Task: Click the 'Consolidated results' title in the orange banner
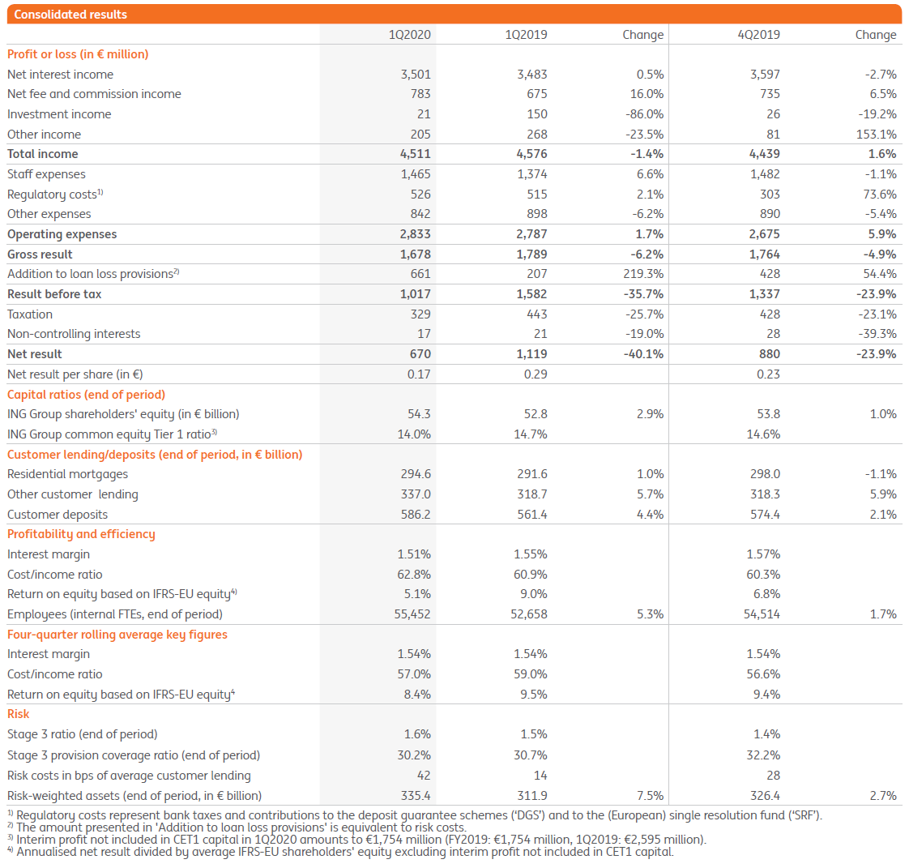[70, 14]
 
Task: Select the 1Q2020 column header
[410, 34]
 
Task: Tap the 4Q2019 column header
[759, 34]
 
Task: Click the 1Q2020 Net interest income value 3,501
[416, 74]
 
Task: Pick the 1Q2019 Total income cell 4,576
[531, 154]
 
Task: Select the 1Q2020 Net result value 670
[420, 354]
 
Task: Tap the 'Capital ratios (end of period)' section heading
[86, 395]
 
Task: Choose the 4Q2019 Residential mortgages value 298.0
[765, 474]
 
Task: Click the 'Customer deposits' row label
[58, 515]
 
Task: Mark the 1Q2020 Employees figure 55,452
[412, 614]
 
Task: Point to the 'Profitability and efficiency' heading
[81, 534]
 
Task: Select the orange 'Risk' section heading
[18, 714]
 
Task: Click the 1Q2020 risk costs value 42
[423, 776]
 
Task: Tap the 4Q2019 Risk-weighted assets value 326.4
[765, 796]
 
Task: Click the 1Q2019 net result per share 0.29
[536, 374]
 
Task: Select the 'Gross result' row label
[40, 254]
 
